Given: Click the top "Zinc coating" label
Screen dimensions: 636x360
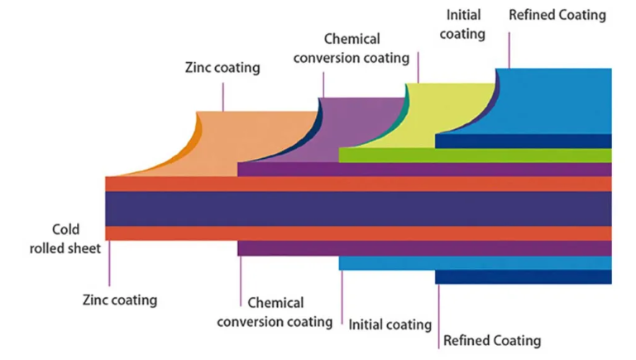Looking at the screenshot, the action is pos(222,68).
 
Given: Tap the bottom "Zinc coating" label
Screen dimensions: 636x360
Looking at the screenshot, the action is pos(120,300).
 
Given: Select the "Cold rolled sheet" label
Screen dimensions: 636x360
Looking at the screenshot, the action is pos(65,238).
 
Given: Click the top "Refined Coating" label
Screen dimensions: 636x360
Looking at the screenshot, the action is pos(557,15).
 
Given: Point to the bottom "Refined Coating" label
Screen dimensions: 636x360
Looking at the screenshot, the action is pos(492,340).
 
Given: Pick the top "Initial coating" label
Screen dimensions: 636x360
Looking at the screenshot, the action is pos(463,24).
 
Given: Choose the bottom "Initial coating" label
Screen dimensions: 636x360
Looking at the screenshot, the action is pos(390,324).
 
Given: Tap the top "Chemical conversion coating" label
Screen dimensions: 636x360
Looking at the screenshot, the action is pos(351,48).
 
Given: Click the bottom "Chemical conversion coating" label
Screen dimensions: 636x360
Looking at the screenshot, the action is pos(275,312).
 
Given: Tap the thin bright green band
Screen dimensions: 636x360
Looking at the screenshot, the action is pos(475,156).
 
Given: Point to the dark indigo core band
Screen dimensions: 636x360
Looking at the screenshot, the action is pos(359,209).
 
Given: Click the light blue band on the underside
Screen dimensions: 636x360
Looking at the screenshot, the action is pos(475,263).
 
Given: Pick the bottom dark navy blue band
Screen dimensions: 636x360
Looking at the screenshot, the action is pos(524,277).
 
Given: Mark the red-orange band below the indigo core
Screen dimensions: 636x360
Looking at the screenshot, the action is pos(359,233).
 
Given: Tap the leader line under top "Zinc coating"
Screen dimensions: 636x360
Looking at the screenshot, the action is pos(222,97).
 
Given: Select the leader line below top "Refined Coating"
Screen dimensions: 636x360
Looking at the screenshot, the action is pos(509,50).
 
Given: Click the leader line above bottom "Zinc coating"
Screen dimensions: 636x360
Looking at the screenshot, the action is pos(109,263).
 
